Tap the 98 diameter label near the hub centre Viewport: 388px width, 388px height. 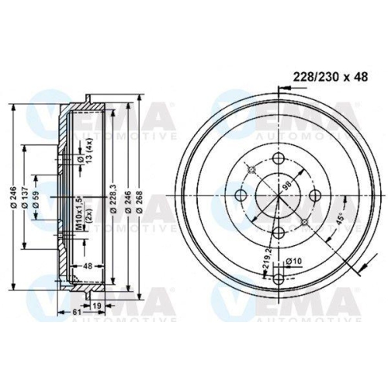point(286,186)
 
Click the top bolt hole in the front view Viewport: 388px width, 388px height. point(277,159)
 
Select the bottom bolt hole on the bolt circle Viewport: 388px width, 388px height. point(277,231)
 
